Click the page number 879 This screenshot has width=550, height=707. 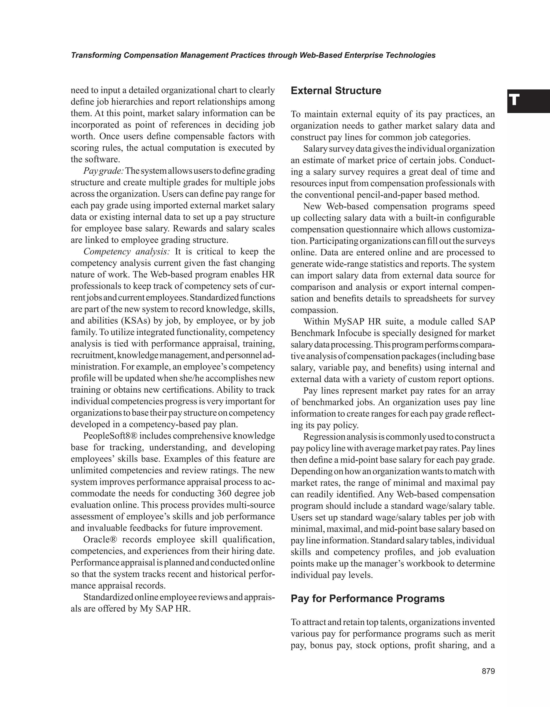[x=488, y=671]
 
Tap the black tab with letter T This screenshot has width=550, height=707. [x=528, y=101]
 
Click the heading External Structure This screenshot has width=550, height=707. [x=336, y=91]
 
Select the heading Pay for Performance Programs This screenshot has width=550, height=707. [x=367, y=599]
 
